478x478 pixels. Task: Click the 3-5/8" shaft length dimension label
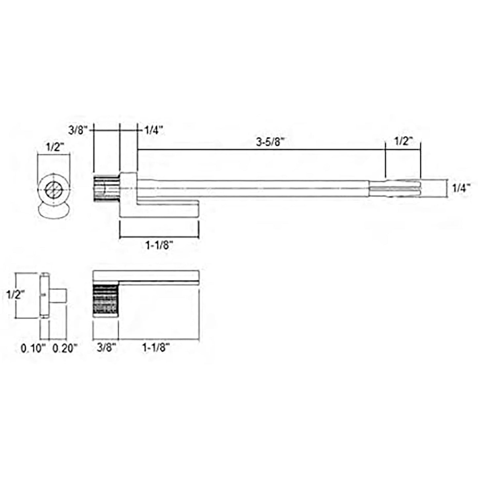270,142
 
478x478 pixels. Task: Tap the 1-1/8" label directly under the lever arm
159,245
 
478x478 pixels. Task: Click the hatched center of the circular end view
53,190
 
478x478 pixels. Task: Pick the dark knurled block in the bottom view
106,299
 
